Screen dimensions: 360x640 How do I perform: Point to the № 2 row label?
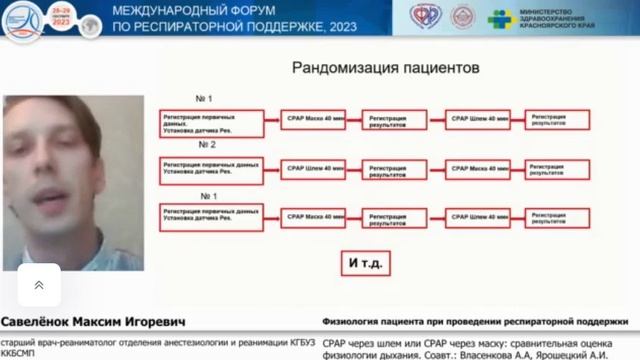point(204,145)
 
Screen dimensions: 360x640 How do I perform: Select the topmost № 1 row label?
point(204,98)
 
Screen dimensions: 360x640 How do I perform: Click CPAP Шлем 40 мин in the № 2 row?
point(313,167)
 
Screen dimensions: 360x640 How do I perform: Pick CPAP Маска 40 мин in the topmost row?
point(313,120)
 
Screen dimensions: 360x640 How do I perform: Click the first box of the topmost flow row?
point(211,121)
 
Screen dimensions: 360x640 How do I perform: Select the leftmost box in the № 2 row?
point(211,167)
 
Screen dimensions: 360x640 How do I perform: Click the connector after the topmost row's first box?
point(271,121)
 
